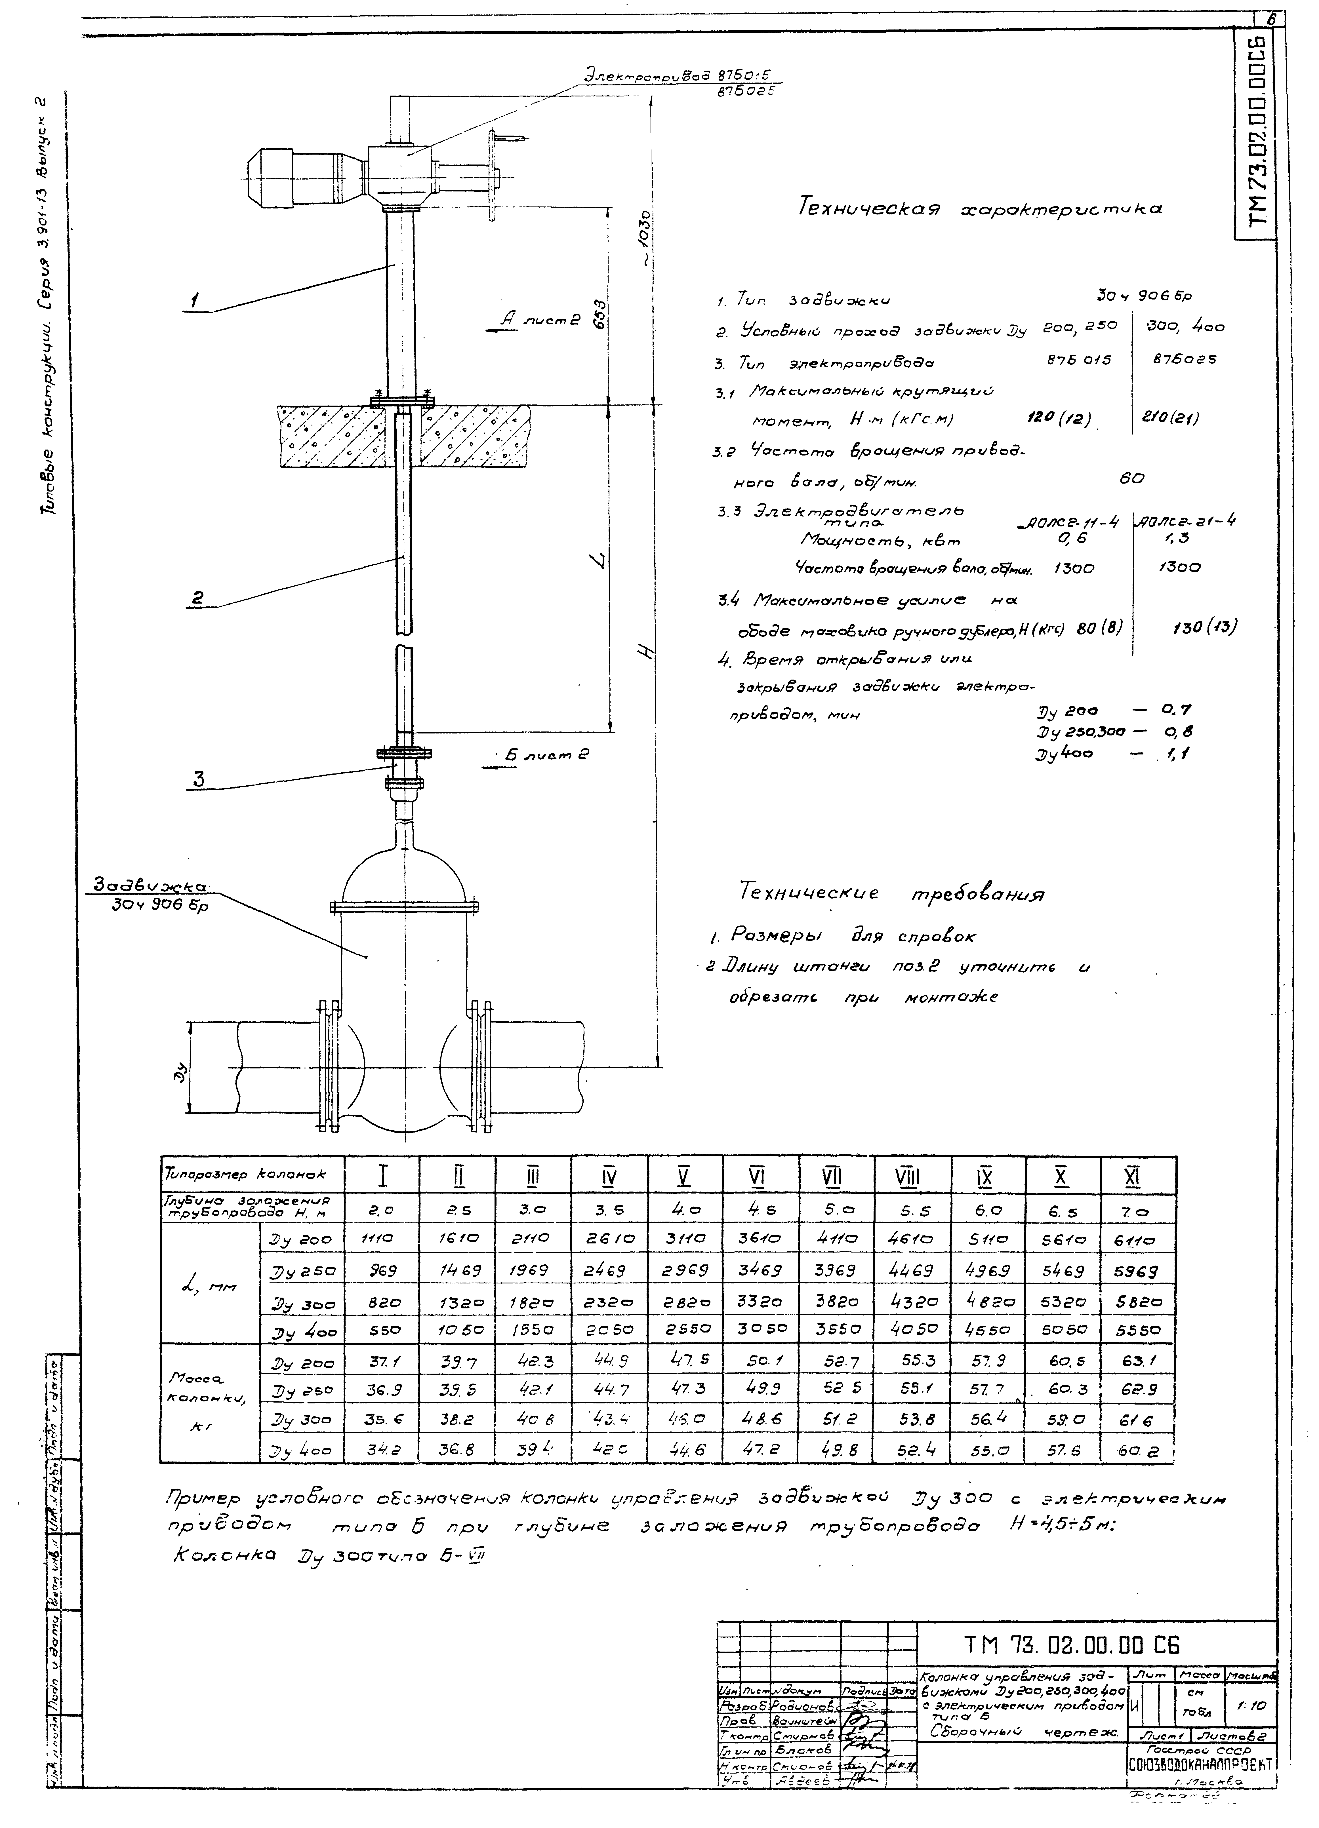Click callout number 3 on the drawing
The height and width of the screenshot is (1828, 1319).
pyautogui.click(x=198, y=779)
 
